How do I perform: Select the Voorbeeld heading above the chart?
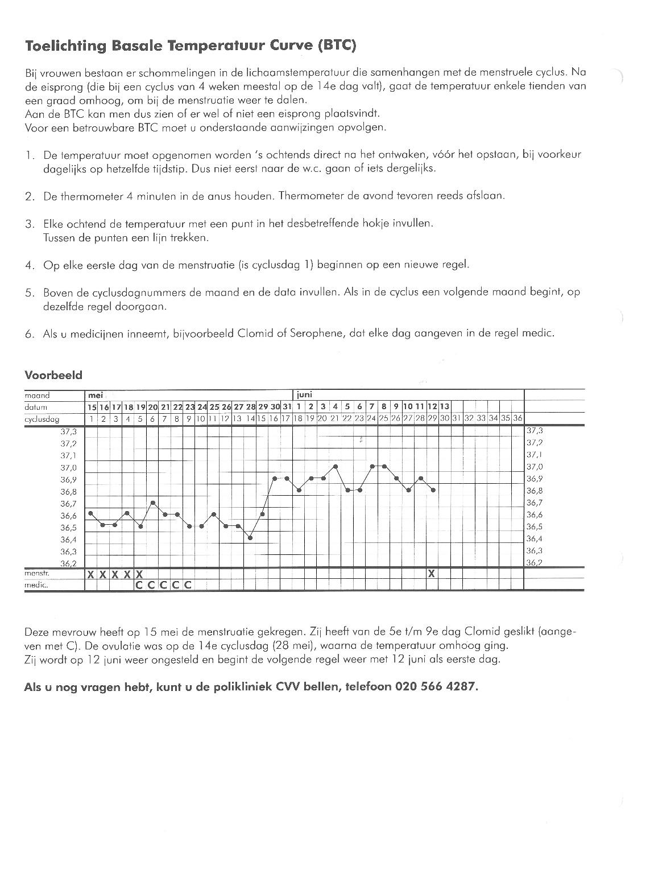[x=53, y=375]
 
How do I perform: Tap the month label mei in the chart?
[x=95, y=394]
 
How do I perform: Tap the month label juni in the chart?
[x=305, y=394]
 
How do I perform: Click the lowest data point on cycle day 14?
[x=250, y=538]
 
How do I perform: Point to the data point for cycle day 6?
[x=153, y=503]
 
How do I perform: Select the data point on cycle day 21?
[x=336, y=466]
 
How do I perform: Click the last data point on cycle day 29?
[x=433, y=490]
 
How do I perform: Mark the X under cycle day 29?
[x=432, y=574]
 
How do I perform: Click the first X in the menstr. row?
[x=90, y=574]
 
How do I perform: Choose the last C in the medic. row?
[x=187, y=585]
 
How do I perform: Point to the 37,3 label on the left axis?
[x=68, y=431]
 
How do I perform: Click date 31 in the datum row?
[x=287, y=407]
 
